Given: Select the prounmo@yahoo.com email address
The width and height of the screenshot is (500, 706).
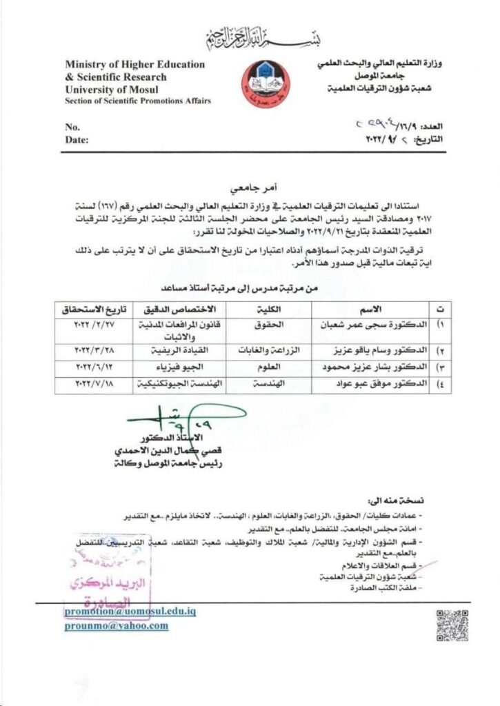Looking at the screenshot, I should (x=117, y=626).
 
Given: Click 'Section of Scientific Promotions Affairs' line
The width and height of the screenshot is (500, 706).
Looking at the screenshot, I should (x=138, y=101).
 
